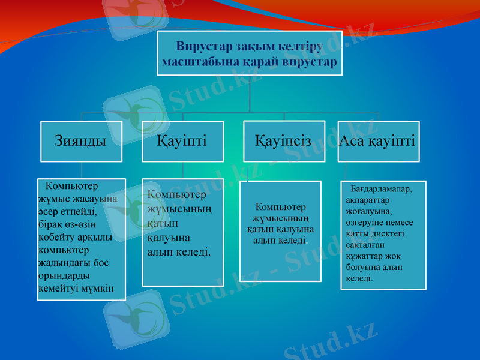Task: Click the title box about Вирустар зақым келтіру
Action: click(x=250, y=53)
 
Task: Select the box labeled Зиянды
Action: click(x=81, y=142)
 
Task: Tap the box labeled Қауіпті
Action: click(x=182, y=142)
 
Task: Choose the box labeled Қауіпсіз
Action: click(x=284, y=142)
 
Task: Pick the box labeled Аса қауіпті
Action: click(x=378, y=142)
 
